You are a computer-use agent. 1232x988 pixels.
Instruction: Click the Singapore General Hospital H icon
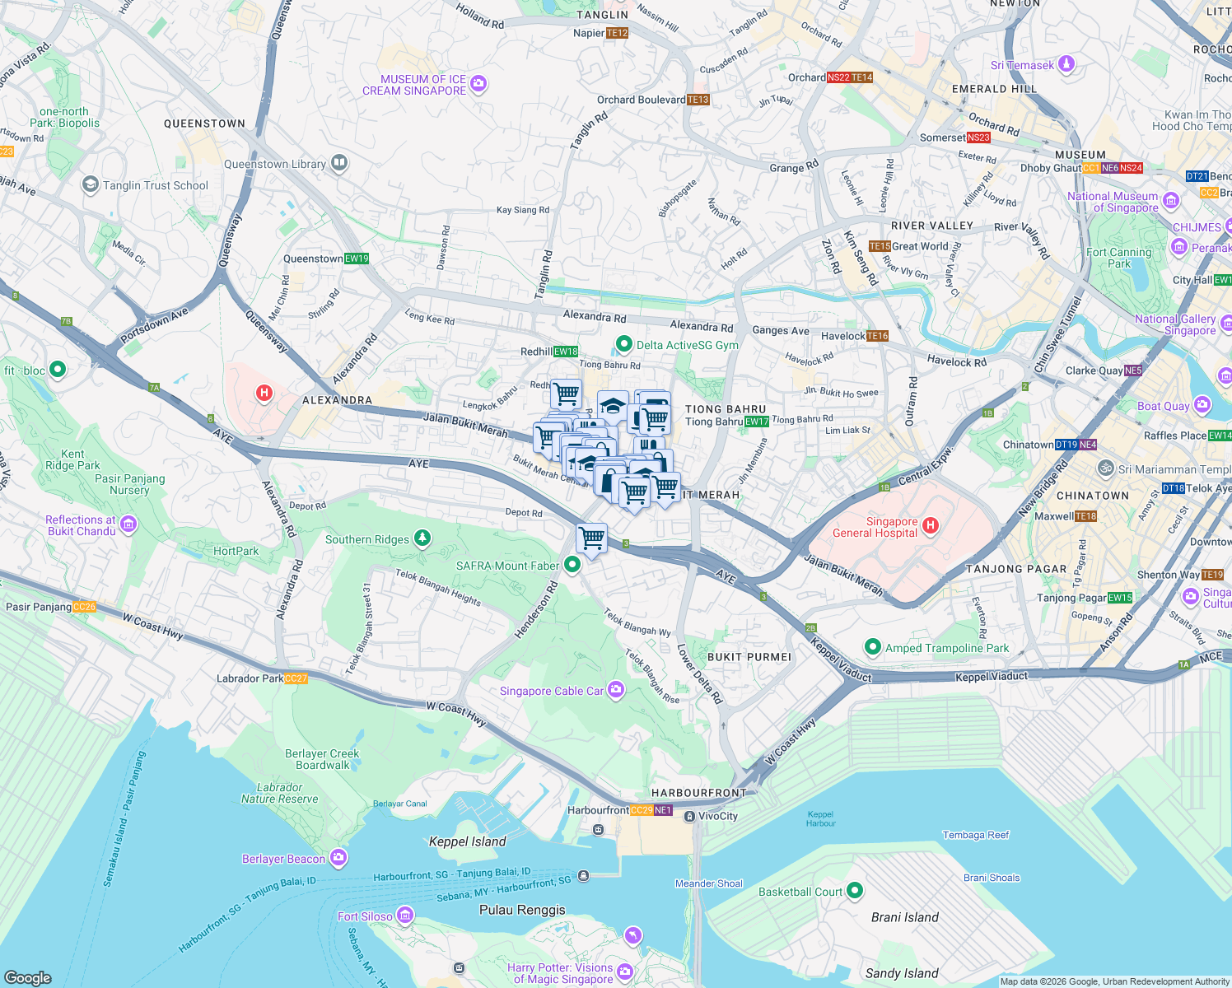coord(930,525)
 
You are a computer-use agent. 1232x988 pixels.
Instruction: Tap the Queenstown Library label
coord(274,164)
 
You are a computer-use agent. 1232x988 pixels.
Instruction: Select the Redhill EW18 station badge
coord(566,352)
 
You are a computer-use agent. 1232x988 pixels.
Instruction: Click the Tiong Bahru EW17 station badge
coord(757,422)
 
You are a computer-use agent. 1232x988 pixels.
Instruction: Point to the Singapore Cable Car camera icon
coord(616,691)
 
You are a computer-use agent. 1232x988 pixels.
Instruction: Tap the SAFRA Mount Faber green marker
coord(572,565)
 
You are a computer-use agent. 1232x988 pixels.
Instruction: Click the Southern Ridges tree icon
coord(422,538)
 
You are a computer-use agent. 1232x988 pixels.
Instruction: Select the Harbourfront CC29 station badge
coord(642,810)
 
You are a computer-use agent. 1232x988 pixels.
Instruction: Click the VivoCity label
coord(717,816)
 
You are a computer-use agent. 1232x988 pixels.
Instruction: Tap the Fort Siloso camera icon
coord(404,916)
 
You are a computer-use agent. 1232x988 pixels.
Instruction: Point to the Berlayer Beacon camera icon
coord(338,858)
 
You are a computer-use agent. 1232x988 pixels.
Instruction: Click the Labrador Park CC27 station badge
coord(296,678)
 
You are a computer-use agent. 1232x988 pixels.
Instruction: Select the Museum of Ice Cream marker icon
coord(479,84)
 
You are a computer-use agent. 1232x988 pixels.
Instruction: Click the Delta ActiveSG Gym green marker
coord(624,344)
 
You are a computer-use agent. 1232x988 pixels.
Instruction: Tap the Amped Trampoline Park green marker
coord(872,647)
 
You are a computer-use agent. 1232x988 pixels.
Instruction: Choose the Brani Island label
coord(904,917)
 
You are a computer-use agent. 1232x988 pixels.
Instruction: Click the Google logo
coord(27,977)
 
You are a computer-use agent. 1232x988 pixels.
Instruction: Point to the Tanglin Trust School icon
coord(90,184)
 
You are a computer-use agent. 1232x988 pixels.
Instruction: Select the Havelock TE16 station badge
coord(878,336)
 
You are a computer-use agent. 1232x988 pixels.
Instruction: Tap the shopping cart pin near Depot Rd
coord(591,539)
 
